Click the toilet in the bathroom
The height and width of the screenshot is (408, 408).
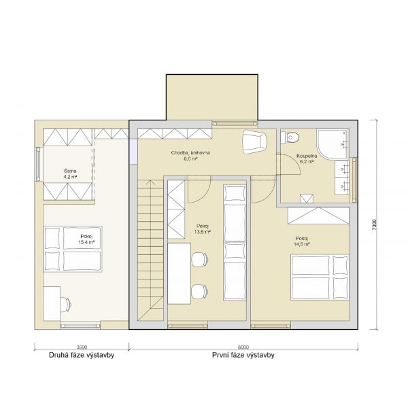pyautogui.click(x=290, y=137)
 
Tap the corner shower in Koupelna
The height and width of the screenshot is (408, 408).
pyautogui.click(x=333, y=143)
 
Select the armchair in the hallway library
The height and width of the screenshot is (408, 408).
pyautogui.click(x=255, y=142)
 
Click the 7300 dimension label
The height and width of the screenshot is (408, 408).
pyautogui.click(x=374, y=224)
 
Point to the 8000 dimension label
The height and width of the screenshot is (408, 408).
pyautogui.click(x=243, y=347)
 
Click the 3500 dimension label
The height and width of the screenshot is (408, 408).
pyautogui.click(x=82, y=347)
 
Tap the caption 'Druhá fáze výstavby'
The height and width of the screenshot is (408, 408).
pyautogui.click(x=82, y=355)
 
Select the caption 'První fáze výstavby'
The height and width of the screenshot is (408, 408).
pyautogui.click(x=243, y=355)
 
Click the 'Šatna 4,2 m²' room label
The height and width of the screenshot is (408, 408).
pyautogui.click(x=70, y=174)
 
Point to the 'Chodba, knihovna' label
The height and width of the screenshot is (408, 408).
pyautogui.click(x=190, y=153)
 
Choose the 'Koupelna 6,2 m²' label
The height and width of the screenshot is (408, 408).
pyautogui.click(x=307, y=158)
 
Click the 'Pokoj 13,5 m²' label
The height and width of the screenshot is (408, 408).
pyautogui.click(x=203, y=228)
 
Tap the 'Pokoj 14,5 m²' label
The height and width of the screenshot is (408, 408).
pyautogui.click(x=302, y=241)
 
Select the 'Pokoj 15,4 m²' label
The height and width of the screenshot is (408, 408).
pyautogui.click(x=87, y=239)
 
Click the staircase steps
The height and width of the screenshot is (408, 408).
pyautogui.click(x=150, y=250)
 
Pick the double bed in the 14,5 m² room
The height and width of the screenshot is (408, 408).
pyautogui.click(x=320, y=277)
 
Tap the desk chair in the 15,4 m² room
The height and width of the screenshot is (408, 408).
pyautogui.click(x=66, y=303)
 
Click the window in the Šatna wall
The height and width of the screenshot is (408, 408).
pyautogui.click(x=38, y=164)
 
